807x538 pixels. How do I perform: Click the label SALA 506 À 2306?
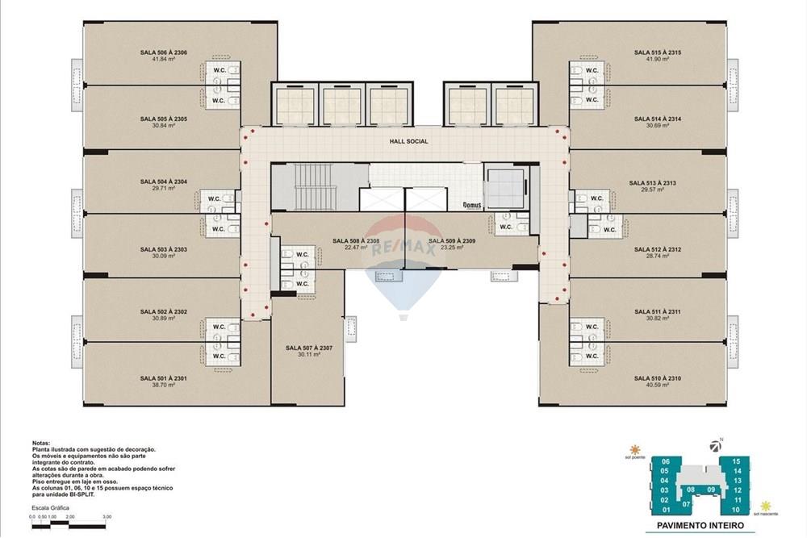(163, 52)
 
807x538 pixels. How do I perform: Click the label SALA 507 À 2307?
(309, 348)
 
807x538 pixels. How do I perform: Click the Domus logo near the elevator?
(472, 205)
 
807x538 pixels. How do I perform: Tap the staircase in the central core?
(307, 186)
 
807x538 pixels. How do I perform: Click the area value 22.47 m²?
(356, 248)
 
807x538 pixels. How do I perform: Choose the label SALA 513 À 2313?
(653, 183)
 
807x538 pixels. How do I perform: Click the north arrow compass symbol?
(714, 444)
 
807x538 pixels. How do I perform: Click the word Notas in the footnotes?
(41, 444)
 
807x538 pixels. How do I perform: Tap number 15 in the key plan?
(736, 461)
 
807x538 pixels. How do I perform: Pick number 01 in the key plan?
(666, 510)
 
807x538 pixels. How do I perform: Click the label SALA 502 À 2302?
(163, 311)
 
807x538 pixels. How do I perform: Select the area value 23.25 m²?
(445, 248)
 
